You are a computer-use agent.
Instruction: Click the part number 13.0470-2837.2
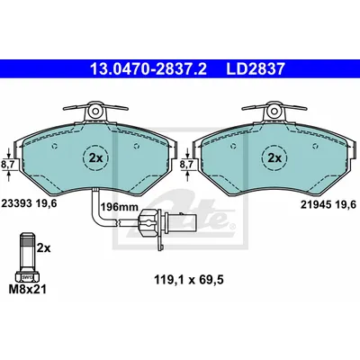pos(148,69)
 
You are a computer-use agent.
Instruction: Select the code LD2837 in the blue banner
pos(256,69)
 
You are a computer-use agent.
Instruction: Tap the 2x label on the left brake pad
pos(95,157)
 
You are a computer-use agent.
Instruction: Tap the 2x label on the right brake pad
pos(274,157)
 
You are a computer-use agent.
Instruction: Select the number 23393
pos(17,203)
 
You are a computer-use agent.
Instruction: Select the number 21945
pos(316,205)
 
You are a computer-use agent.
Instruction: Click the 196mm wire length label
pos(119,207)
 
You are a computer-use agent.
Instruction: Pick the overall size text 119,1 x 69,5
pos(189,280)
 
